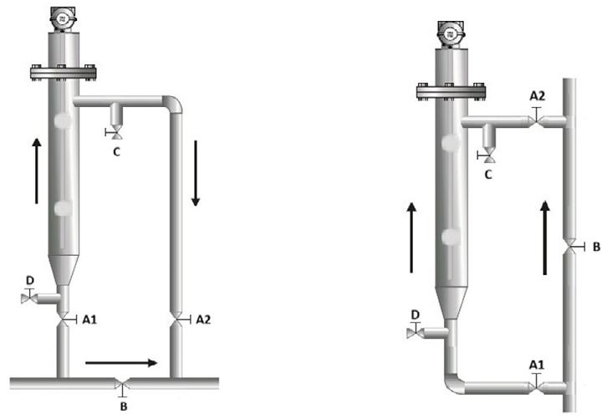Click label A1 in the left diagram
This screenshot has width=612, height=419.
coord(89,319)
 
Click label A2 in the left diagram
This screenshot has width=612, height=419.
coord(203,319)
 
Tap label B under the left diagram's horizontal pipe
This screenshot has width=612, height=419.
coord(124,406)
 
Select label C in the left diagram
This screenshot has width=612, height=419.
coord(116,151)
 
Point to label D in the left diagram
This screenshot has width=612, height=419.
coord(30,280)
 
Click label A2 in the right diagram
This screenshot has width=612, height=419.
coord(537,95)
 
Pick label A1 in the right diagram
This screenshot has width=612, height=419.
coord(536,365)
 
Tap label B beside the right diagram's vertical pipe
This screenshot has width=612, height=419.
coord(596,247)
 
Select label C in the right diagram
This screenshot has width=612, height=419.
coord(488,175)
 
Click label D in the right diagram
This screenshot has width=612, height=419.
coord(416,314)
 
